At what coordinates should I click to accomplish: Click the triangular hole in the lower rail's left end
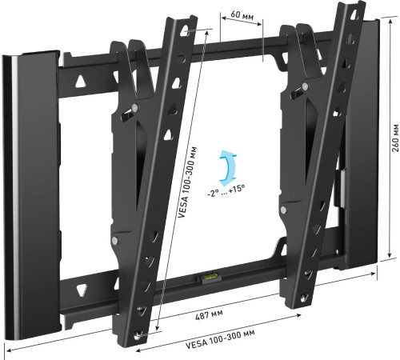click(x=82, y=286)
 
